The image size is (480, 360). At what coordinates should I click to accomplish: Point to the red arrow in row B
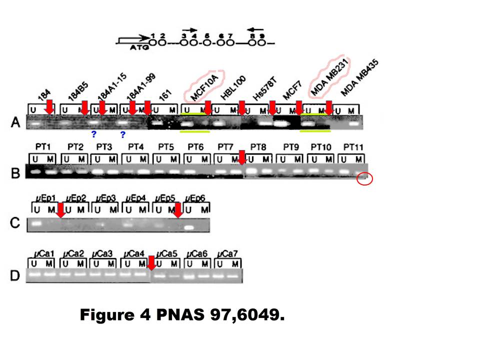(241, 157)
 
